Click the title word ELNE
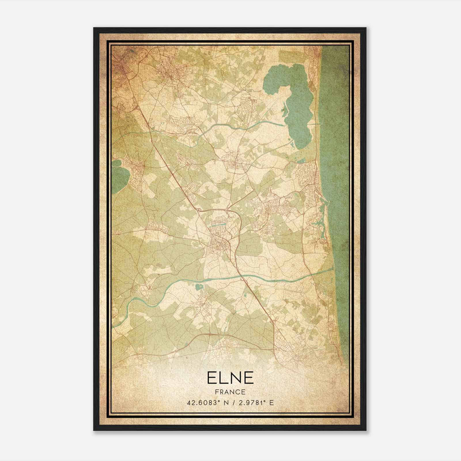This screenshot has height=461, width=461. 230,378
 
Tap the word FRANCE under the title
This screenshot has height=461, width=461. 230,392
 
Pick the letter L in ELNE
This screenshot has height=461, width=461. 222,378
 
